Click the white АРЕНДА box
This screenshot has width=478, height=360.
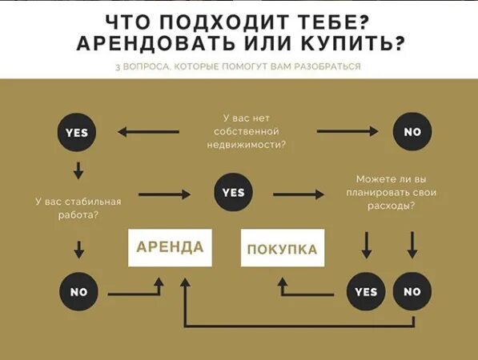point(170,246)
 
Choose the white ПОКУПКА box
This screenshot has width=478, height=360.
point(282,250)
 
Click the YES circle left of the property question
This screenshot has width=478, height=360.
point(78,131)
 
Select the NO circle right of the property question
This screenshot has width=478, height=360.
point(412,131)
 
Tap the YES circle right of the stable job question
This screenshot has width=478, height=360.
point(233,192)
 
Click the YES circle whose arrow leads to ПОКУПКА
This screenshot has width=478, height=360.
point(366,291)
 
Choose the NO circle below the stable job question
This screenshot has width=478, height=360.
point(78,292)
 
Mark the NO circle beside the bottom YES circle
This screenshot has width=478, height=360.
point(412,291)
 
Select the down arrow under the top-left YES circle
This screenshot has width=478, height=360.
point(78,170)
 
